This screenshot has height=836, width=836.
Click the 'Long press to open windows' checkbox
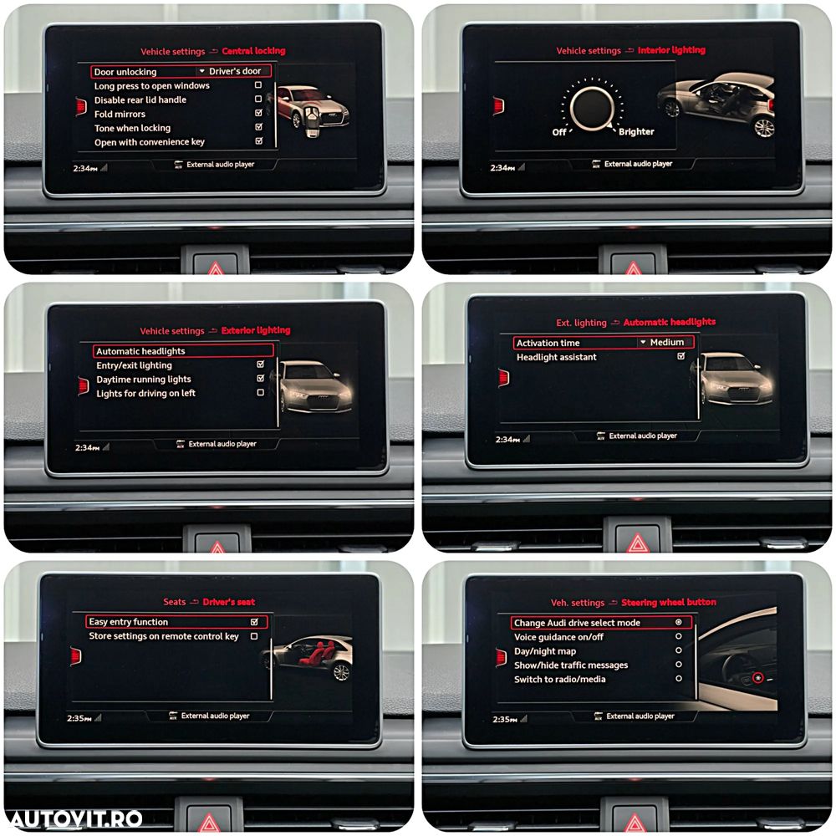(258, 84)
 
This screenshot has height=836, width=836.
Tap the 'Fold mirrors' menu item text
(120, 114)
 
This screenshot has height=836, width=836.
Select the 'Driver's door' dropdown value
(235, 71)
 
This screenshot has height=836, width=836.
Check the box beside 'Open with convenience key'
(258, 140)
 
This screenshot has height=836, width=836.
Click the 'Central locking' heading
(253, 51)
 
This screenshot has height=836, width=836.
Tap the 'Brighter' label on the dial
(636, 132)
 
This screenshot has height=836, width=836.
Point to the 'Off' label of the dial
(559, 132)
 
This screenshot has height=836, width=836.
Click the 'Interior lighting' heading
(671, 50)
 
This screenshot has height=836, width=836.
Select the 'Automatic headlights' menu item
(140, 351)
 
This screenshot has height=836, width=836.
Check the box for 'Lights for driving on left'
(260, 392)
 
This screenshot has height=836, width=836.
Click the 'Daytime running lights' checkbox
(260, 378)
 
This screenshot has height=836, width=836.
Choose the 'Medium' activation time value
(666, 342)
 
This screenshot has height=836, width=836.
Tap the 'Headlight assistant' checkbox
(681, 356)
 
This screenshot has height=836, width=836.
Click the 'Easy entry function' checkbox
(254, 622)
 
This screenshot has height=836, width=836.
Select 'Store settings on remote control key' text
(164, 636)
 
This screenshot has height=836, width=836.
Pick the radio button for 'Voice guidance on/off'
(679, 636)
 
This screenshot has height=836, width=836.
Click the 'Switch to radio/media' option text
(560, 679)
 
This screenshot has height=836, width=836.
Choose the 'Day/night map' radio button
(679, 650)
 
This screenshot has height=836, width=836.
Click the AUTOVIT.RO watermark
(76, 819)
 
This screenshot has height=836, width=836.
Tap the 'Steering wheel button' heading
(669, 602)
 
